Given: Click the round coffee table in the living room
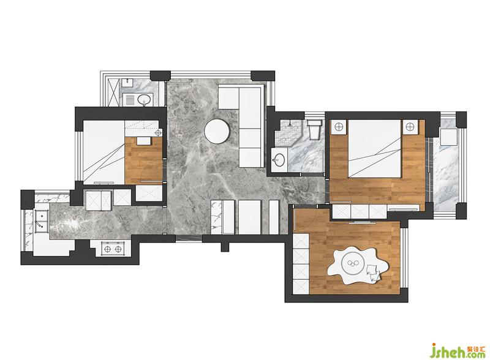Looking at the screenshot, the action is pos(217,131).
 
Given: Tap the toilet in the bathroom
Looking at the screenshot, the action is pos(313,129).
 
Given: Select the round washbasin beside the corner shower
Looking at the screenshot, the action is pos(279,160).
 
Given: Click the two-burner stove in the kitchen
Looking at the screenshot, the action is pos(113,249).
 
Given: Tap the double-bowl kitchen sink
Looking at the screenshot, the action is pos(41,222).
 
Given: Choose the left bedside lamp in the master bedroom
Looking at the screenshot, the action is pos(339,127).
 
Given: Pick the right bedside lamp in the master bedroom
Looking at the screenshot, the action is pos(410,127).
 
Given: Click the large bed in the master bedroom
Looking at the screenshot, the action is pos(374,149).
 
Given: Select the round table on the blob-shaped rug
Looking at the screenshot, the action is pos(354,263).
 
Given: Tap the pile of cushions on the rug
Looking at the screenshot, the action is pos(374,273).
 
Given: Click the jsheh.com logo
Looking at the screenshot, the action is pos(457,351).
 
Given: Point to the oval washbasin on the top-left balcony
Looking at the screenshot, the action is pos(145,100).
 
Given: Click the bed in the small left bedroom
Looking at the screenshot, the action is pos(104,152).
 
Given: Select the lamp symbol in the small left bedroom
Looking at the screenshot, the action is pos(158,133).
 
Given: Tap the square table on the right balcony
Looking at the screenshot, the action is pos(448,137).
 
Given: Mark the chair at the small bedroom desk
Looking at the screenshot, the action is pos(144,141).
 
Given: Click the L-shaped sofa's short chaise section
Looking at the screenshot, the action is pos(228,97).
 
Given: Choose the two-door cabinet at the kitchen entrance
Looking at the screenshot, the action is pos(99,200).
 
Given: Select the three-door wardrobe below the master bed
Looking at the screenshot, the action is pos(360,211).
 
